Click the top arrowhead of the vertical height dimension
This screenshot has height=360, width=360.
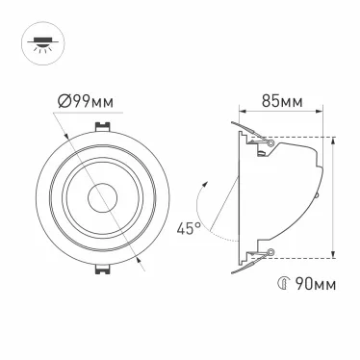tap(333, 139)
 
